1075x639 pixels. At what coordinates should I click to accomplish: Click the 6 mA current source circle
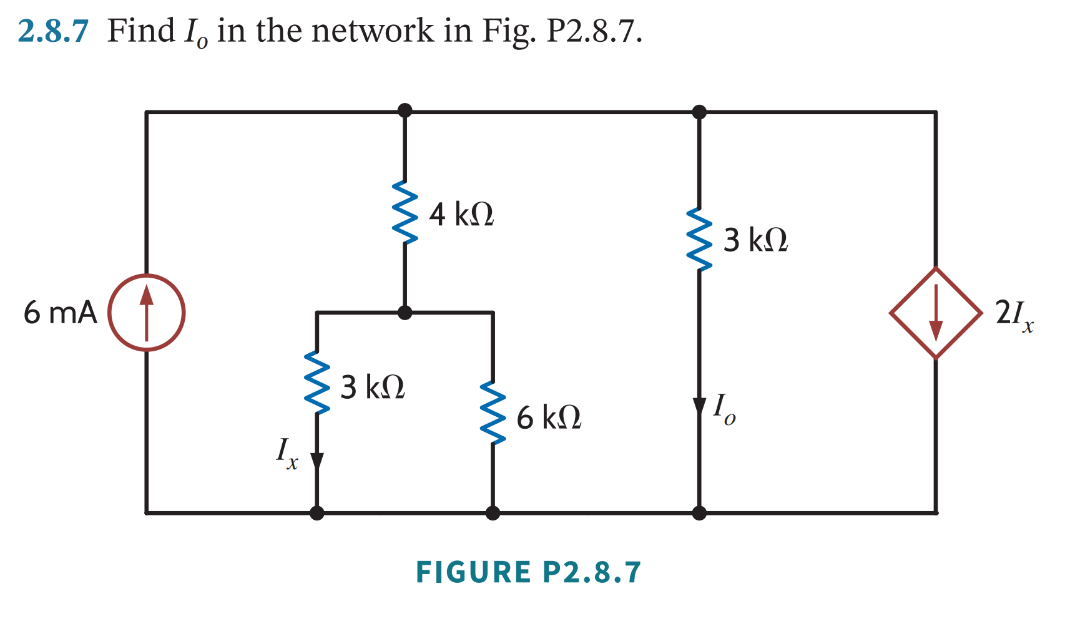click(146, 312)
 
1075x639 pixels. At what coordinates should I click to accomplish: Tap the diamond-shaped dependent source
click(935, 313)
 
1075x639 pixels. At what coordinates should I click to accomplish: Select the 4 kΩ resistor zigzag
click(405, 212)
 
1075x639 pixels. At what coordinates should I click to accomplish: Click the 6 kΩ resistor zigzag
click(493, 413)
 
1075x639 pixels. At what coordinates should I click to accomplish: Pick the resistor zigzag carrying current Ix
click(317, 383)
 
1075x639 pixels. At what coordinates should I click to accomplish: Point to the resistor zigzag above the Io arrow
click(699, 240)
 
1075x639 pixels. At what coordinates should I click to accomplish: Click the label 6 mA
click(60, 313)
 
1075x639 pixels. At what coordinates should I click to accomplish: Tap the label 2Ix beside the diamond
click(1014, 314)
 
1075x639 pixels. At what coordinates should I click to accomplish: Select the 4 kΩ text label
click(461, 214)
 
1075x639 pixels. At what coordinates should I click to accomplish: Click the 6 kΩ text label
click(549, 417)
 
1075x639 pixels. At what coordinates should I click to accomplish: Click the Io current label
click(724, 409)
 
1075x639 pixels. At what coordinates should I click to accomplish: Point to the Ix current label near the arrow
click(287, 452)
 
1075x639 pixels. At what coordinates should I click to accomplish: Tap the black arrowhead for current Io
click(699, 406)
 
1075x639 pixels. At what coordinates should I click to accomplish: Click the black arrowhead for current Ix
click(317, 461)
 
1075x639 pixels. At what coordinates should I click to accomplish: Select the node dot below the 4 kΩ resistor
click(405, 313)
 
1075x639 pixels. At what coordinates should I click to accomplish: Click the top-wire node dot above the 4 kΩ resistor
click(405, 110)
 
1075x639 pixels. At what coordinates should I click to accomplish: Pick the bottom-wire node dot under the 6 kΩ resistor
click(493, 513)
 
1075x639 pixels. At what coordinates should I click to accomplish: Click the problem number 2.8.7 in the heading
click(53, 31)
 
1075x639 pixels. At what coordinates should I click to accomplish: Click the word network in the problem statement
click(372, 31)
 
